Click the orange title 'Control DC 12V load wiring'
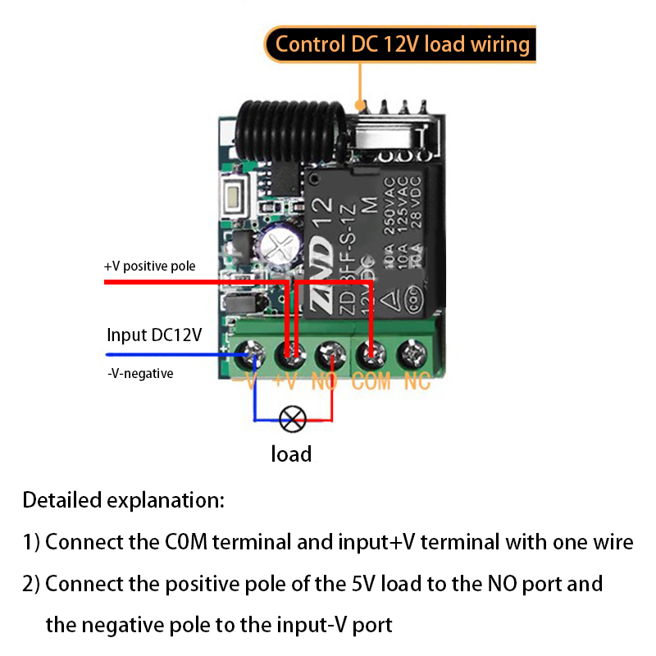coord(402,43)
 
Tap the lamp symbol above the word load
coord(292,420)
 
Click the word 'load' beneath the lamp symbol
coord(291,453)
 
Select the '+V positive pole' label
coord(150,266)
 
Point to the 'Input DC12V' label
coord(154,335)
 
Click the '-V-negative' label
coord(140,373)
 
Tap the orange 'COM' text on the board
coord(371,381)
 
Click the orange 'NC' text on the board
coord(417,381)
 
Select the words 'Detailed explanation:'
coord(123,499)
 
